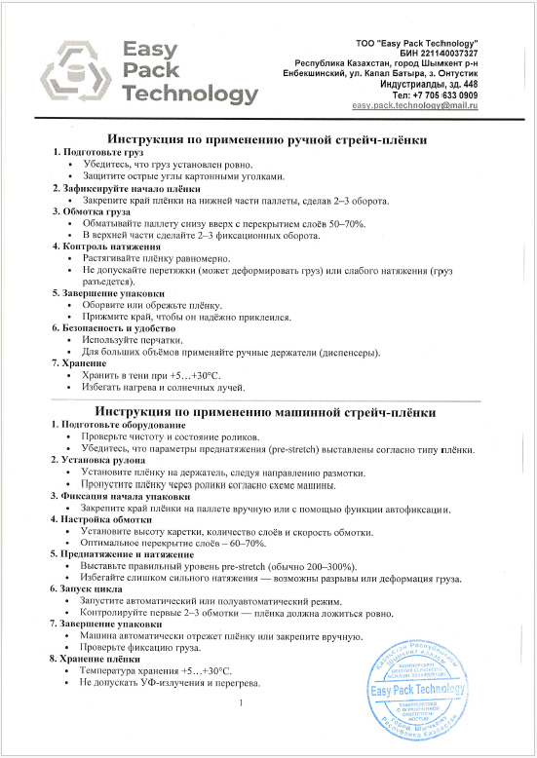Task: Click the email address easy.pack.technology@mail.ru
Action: click(414, 104)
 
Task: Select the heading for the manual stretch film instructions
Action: click(267, 140)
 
